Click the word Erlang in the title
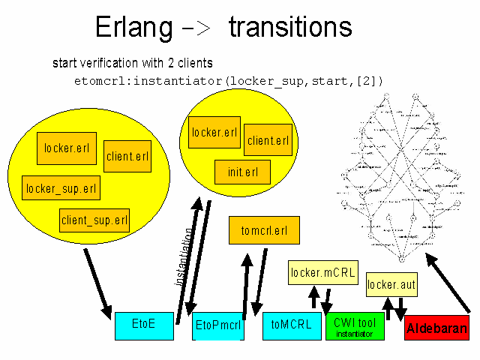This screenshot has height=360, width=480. [134, 28]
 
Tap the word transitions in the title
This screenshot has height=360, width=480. [290, 28]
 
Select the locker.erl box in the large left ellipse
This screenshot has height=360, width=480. [67, 148]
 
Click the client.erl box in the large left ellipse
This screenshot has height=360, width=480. [127, 157]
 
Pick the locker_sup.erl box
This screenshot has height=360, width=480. [61, 187]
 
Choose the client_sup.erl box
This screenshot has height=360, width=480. [94, 220]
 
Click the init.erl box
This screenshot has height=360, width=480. [242, 172]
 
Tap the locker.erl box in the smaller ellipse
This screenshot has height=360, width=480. [214, 133]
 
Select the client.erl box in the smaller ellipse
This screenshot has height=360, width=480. [268, 139]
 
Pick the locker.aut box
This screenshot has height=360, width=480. [391, 285]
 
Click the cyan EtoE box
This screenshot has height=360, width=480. [145, 324]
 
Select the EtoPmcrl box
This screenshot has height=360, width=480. [218, 325]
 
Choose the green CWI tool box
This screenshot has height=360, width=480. [355, 326]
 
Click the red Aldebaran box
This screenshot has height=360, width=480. [436, 328]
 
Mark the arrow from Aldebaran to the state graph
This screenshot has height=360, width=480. [448, 283]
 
